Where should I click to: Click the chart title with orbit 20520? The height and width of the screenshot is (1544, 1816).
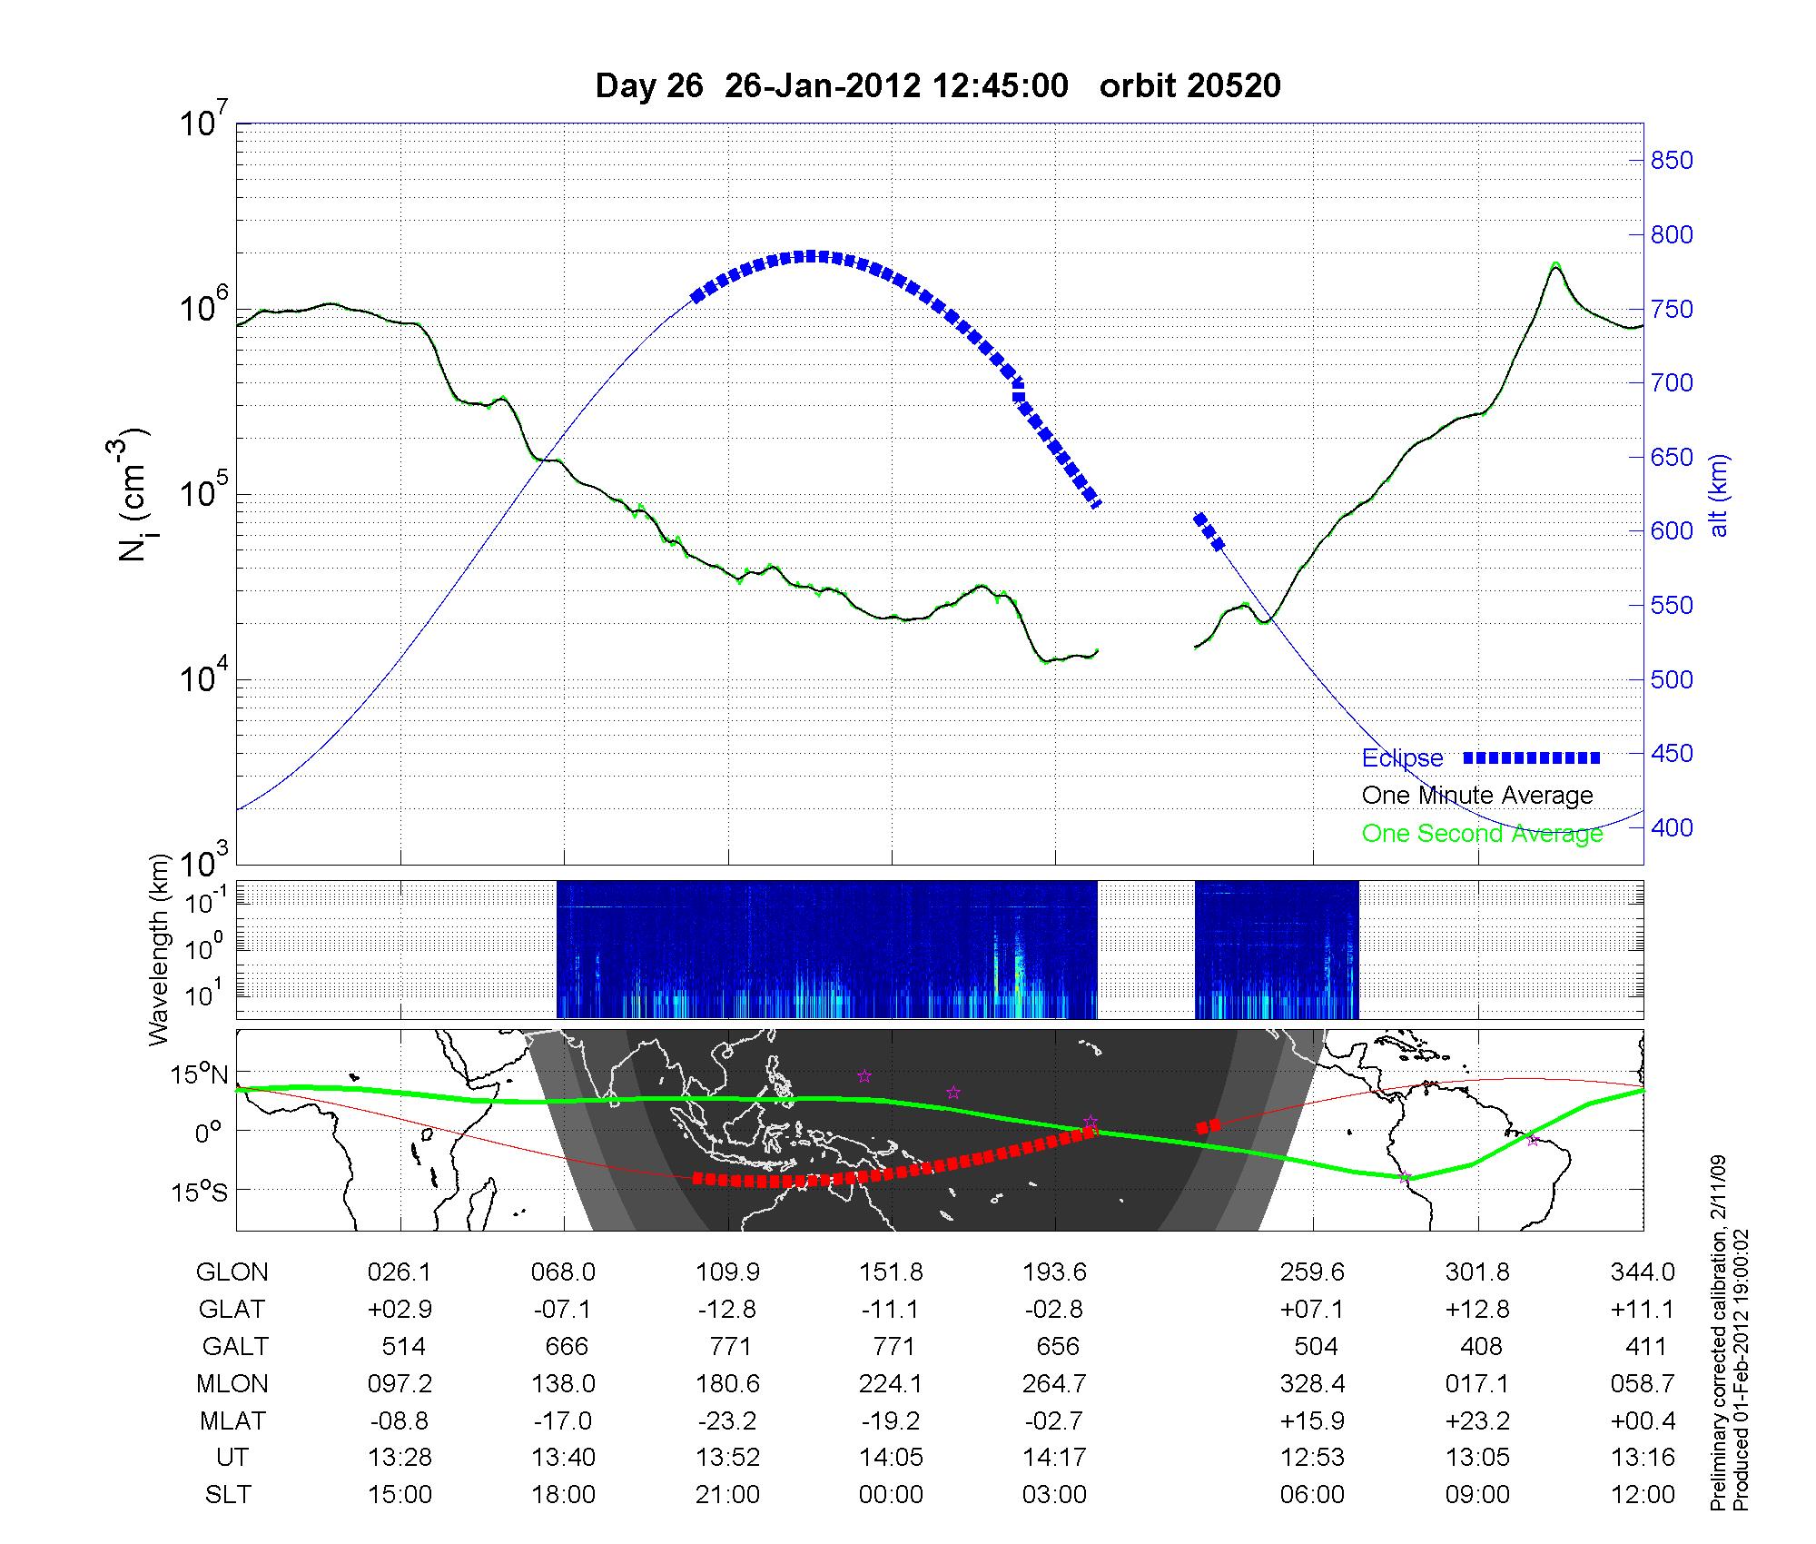(937, 85)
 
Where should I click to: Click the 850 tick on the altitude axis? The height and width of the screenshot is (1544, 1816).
(1672, 161)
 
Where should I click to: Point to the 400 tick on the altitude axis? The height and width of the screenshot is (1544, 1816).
(1672, 827)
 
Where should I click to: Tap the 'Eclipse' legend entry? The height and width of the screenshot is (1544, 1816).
(1402, 757)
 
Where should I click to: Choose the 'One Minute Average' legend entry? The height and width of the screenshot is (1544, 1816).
(1477, 796)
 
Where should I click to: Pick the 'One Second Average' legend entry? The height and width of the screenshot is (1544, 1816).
(1482, 834)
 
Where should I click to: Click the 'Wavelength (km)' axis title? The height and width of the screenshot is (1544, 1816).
(160, 949)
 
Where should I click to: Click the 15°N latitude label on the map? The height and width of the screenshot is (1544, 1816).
(199, 1075)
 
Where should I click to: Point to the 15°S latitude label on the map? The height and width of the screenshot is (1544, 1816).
(199, 1191)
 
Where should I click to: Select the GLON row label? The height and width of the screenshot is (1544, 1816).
(232, 1272)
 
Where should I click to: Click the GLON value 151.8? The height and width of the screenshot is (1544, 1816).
(891, 1272)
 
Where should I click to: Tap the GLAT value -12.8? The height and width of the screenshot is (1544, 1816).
(727, 1310)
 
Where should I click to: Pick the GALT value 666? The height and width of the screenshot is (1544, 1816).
(566, 1346)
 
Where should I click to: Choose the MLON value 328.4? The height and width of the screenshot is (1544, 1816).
(1312, 1384)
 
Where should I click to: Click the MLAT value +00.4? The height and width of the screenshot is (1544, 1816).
(1643, 1420)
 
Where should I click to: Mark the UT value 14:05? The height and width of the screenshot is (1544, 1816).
(891, 1458)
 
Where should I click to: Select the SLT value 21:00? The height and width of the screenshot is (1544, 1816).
(727, 1495)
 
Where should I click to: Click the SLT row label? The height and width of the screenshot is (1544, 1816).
(228, 1495)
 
